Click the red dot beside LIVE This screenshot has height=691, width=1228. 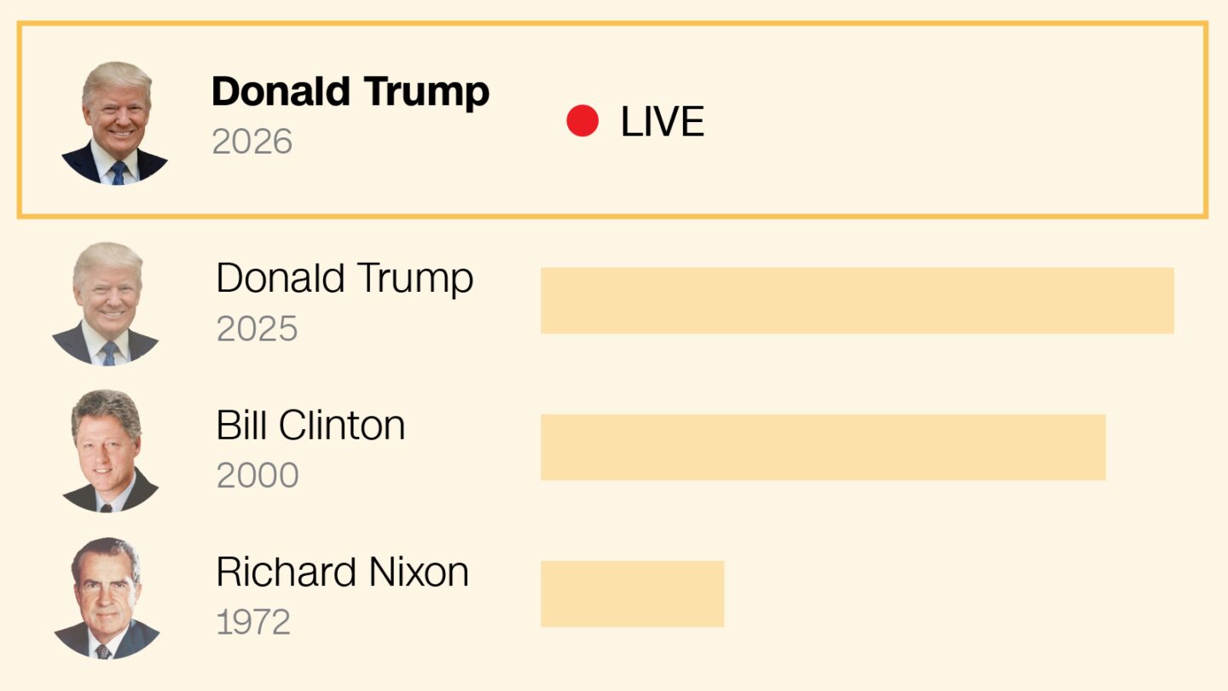coord(582,121)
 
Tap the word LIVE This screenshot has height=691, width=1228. coord(662,122)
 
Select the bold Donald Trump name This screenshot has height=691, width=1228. coord(350,92)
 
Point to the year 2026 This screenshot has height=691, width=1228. coord(252,142)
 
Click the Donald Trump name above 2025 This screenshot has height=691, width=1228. coord(345,279)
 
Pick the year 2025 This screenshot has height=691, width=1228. coord(257,328)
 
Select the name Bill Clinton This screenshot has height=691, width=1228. coord(310,425)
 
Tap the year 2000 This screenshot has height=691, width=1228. coord(258,475)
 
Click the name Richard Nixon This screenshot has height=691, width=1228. coord(342,572)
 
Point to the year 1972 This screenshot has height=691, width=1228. coord(253,622)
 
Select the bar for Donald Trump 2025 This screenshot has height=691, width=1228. coord(857,300)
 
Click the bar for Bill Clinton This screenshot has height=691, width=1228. coord(823,447)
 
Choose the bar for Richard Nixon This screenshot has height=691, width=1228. coord(632,594)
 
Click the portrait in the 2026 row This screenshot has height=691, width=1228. coord(116,123)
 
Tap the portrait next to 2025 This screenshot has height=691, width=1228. coord(107,304)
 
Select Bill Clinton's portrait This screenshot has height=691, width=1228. coord(107,450)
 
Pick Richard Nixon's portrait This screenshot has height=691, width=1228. coord(106,598)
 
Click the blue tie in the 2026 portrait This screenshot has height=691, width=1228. coord(119,172)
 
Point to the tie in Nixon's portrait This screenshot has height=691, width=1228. coord(103,651)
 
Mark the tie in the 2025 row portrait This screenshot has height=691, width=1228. coord(109,353)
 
